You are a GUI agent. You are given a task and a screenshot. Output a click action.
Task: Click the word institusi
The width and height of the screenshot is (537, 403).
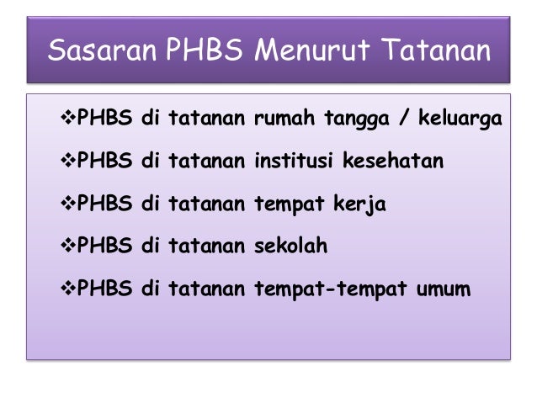(x=293, y=161)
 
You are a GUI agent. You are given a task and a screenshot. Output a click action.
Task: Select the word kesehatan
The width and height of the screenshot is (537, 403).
(x=392, y=161)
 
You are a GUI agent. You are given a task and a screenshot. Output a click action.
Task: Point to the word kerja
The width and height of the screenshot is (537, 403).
(x=362, y=204)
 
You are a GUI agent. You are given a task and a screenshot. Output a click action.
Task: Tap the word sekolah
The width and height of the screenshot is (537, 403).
(x=290, y=247)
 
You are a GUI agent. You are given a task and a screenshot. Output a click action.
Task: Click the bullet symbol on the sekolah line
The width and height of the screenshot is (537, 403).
(x=69, y=247)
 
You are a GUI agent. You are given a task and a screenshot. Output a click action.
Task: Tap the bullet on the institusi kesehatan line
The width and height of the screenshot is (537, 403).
(x=69, y=161)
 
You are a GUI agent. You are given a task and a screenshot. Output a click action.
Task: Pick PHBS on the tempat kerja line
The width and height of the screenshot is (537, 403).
(x=104, y=204)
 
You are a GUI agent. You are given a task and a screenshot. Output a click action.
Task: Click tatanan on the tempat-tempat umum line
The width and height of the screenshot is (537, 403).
(x=206, y=289)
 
